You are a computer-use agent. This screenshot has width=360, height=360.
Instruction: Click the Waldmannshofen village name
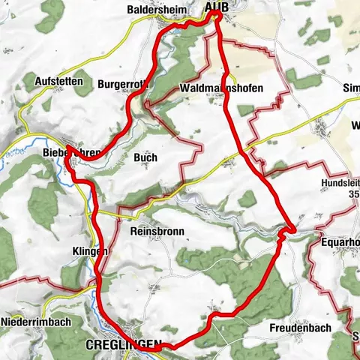(222, 88)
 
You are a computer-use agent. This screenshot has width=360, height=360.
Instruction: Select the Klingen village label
(91, 251)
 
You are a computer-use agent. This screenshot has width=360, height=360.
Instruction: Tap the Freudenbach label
(299, 328)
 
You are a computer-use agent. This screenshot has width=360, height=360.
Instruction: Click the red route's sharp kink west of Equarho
(291, 228)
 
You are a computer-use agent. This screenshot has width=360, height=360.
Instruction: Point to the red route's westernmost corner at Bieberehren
(67, 146)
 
